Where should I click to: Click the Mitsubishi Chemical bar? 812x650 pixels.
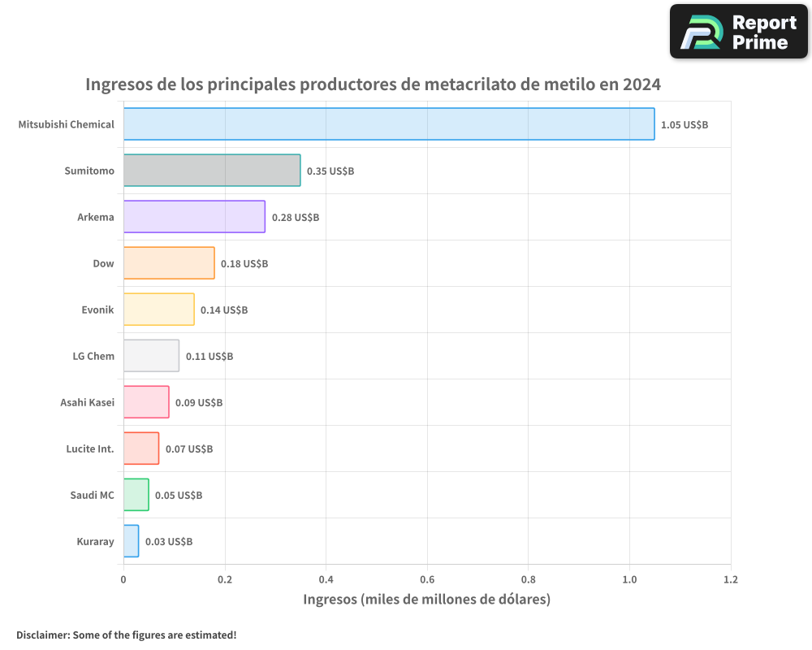click(389, 124)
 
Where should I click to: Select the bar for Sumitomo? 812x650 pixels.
click(212, 171)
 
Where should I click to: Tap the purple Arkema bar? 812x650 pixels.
click(194, 217)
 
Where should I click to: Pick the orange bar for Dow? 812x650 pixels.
click(169, 263)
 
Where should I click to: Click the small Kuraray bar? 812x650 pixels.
click(131, 541)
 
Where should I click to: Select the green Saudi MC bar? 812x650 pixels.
click(136, 495)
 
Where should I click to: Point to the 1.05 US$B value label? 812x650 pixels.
click(685, 125)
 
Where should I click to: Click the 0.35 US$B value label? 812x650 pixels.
click(330, 171)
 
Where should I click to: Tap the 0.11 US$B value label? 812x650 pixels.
click(209, 357)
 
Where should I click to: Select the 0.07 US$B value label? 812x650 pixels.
click(189, 449)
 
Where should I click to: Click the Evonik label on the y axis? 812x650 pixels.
click(97, 310)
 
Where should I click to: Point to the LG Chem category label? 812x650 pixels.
click(93, 356)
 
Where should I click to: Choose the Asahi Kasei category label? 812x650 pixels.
click(87, 402)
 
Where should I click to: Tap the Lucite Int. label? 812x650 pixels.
click(89, 448)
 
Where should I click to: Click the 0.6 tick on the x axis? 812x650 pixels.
click(427, 580)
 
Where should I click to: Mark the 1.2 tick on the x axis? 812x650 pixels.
click(731, 580)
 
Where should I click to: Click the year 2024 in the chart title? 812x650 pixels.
click(641, 84)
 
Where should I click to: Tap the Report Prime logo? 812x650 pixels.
click(738, 32)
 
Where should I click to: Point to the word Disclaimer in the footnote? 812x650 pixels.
click(41, 635)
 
